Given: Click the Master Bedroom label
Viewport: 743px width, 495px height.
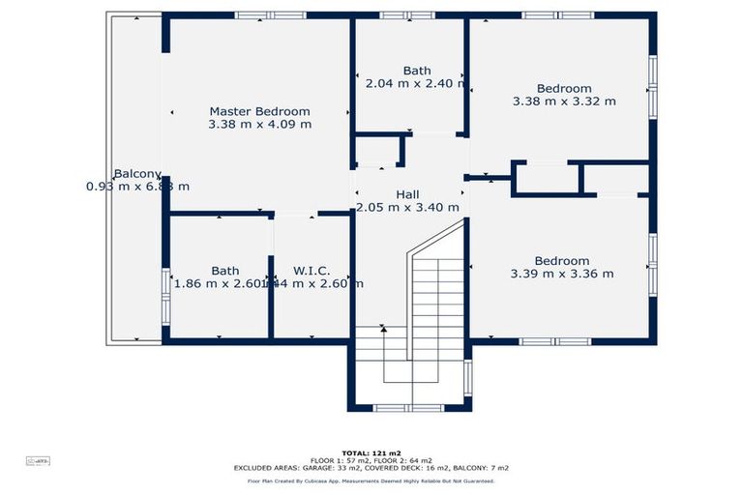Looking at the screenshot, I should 259,111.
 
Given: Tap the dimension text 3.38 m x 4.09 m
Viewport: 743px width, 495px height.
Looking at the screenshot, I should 259,124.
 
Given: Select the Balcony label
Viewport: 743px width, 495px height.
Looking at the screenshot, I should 136,174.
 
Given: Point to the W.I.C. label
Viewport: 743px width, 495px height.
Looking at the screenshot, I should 312,271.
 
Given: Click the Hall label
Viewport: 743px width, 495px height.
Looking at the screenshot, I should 407,194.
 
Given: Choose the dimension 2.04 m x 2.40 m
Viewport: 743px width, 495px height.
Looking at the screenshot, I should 417,83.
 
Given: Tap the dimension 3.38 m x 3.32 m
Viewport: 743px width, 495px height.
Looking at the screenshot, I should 564,101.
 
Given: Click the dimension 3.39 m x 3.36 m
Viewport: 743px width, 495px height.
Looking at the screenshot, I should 561,274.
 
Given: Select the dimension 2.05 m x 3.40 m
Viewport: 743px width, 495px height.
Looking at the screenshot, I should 407,207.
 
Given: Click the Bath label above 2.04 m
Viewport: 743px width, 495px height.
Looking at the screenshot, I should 417,71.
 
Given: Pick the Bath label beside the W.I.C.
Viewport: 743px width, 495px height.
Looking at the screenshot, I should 225,271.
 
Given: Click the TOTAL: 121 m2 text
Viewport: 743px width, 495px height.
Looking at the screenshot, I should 371,452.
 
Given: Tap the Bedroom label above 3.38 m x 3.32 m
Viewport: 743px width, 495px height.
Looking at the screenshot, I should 564,88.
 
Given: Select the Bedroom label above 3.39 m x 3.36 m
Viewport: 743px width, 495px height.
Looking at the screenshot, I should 561,261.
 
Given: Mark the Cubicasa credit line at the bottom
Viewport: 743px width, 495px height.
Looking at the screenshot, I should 371,480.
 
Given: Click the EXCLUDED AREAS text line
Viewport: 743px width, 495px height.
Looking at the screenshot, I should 371,468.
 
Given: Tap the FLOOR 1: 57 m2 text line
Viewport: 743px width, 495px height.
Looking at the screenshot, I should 371,460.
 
